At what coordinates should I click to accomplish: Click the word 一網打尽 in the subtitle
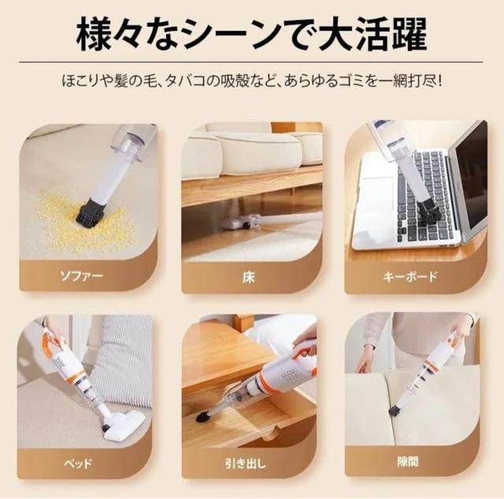click(409, 81)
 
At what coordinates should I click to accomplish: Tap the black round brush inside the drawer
click(202, 416)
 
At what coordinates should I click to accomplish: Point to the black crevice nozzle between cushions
click(395, 410)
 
